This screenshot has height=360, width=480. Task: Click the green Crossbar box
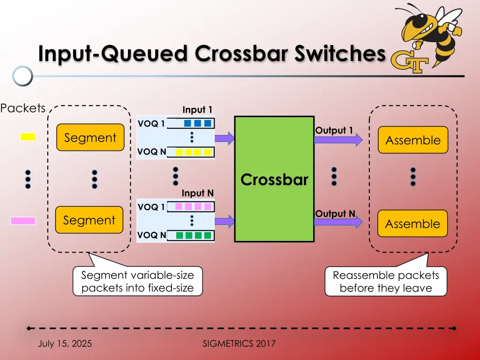tap(274, 179)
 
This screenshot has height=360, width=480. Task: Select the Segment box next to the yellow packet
tap(90, 137)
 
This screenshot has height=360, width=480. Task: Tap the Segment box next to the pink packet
tap(89, 220)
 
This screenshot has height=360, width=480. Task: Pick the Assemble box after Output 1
tap(413, 140)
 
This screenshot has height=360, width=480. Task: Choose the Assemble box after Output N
tap(412, 224)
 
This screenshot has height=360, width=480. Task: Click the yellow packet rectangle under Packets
tap(28, 137)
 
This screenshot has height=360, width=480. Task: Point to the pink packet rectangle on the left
tap(23, 221)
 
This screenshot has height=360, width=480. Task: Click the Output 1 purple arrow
tap(338, 140)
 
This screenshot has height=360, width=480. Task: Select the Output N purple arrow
tap(338, 222)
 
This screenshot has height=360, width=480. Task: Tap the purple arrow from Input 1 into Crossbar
tap(225, 138)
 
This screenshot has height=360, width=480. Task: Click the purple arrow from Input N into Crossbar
tap(225, 221)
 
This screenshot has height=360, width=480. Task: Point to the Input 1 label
tap(197, 110)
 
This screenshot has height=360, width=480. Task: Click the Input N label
tap(197, 193)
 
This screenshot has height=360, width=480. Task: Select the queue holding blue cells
tap(191, 123)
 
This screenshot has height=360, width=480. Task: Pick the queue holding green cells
tap(191, 235)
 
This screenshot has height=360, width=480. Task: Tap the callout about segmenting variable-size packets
tap(137, 281)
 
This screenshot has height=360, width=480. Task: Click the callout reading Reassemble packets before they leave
tap(386, 281)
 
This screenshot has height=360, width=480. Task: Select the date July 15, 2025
tap(65, 344)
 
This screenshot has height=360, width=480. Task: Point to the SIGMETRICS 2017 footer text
tap(239, 344)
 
